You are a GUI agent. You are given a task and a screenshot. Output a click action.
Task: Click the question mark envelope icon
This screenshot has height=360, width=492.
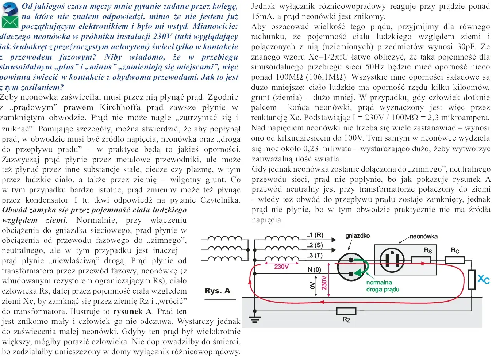click(x=9, y=15)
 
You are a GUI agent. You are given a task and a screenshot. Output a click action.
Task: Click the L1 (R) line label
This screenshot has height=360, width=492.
click(x=314, y=235)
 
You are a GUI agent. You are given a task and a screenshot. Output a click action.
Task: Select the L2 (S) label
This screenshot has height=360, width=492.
click(x=314, y=245)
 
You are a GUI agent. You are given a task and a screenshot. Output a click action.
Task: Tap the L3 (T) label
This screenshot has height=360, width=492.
click(x=314, y=256)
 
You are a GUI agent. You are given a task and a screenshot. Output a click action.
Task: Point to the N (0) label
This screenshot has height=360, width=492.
click(x=314, y=270)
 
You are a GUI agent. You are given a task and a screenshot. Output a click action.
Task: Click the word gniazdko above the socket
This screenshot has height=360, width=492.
click(x=357, y=236)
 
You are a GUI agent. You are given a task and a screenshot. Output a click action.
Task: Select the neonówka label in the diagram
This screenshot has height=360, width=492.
click(x=423, y=236)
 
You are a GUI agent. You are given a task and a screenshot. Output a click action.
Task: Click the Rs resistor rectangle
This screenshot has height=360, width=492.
click(x=420, y=260)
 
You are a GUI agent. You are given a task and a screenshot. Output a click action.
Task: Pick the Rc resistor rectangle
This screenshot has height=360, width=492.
click(x=454, y=260)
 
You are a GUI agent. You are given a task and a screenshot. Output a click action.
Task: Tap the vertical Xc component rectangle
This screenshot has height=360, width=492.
click(x=471, y=280)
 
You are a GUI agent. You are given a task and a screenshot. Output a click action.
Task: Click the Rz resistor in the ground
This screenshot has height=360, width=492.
click(x=346, y=311)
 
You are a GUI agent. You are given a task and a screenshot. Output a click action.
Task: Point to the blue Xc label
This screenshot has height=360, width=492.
click(x=484, y=280)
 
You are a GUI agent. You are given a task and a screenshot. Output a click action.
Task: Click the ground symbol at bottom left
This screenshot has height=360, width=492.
click(x=255, y=319)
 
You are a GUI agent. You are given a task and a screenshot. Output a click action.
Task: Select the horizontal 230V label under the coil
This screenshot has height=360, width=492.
click(x=281, y=267)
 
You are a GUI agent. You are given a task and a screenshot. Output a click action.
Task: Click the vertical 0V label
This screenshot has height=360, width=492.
click(x=312, y=285)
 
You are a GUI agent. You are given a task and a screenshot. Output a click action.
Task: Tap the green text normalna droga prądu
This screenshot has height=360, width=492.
click(x=383, y=286)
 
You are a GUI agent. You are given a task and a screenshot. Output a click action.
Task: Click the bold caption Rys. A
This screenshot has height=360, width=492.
click(x=217, y=291)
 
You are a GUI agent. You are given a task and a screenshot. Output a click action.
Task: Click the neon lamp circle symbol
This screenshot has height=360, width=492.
click(x=392, y=260)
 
